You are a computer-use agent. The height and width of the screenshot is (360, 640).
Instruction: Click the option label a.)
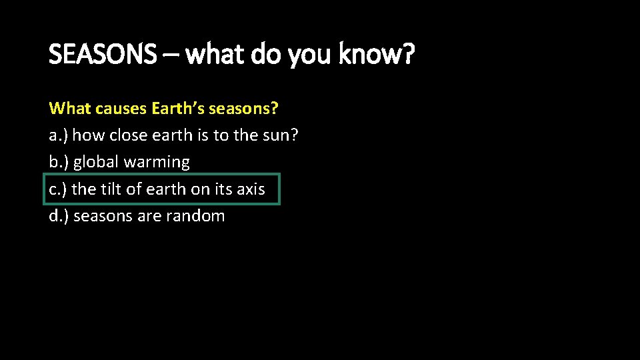(x=59, y=135)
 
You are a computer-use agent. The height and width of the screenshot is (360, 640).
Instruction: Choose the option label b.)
(x=59, y=162)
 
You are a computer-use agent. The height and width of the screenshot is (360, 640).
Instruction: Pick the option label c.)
(x=58, y=189)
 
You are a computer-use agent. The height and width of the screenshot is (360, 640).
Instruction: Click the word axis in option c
(x=250, y=189)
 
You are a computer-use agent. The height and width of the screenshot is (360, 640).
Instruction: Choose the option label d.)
(x=59, y=216)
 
